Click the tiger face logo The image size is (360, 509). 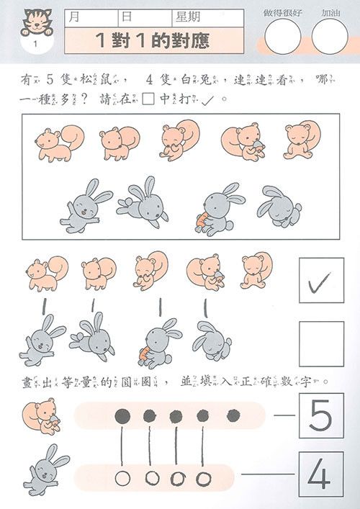click(x=34, y=22)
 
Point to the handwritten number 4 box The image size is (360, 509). click(x=320, y=474)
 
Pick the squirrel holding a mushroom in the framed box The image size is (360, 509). click(x=242, y=142)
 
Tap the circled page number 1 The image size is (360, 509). click(x=34, y=45)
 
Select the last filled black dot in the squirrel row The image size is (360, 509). click(x=233, y=415)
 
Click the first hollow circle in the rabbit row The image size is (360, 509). click(x=123, y=477)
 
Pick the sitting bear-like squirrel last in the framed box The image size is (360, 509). click(x=299, y=140)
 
